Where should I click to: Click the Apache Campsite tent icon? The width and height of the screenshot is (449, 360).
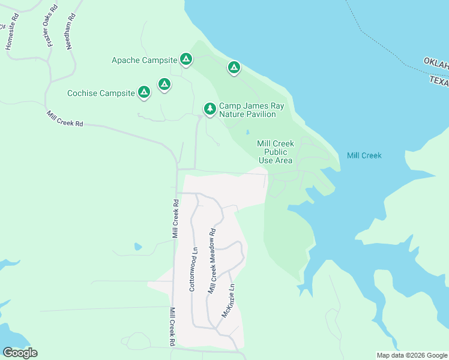tap(186, 59)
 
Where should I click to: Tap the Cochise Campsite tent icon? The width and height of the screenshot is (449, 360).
tap(143, 92)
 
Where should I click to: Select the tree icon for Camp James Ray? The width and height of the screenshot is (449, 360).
tap(209, 109)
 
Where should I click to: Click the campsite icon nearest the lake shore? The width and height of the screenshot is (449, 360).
tap(234, 67)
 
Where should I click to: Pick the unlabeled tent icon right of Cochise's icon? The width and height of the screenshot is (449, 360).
tap(164, 85)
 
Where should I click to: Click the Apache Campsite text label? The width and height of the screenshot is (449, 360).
tap(144, 60)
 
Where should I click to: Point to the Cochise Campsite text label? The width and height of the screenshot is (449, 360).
tap(101, 93)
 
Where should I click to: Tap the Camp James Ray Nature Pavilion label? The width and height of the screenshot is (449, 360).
tap(251, 110)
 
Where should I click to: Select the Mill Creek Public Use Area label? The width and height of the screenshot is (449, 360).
tap(275, 152)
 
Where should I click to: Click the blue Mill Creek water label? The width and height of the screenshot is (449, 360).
tap(364, 155)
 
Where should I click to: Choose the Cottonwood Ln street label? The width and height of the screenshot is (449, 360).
tap(193, 269)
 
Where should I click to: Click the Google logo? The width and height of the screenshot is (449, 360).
tap(20, 353)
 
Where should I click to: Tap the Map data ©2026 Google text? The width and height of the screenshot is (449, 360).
tap(412, 355)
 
